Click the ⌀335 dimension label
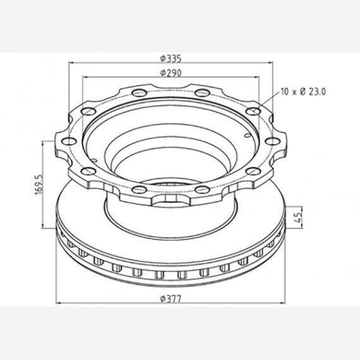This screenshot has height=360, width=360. pos(171,58)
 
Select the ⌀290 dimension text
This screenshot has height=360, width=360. pos(171,73)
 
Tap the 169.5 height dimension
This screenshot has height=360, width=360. pos(39,184)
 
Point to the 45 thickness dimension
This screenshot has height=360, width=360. pos(297,217)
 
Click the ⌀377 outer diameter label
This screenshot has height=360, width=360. pos(171,299)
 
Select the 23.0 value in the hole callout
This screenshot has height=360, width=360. pos(316,92)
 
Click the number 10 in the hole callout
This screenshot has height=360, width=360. pos(285,92)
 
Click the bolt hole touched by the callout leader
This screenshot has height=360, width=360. pos(253,111)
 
